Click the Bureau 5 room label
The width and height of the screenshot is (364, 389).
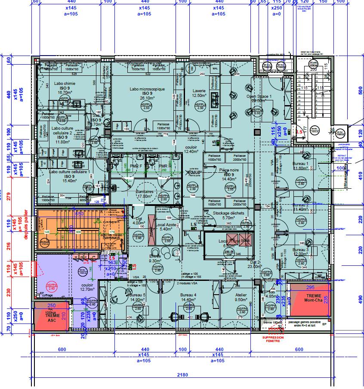tap(137, 295)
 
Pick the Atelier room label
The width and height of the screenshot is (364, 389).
tap(241, 295)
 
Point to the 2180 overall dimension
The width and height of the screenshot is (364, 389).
tap(182, 375)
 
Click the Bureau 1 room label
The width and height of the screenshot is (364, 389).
tap(300, 164)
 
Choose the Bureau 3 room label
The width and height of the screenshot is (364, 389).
tap(300, 250)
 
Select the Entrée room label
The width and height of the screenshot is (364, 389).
tap(155, 256)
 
